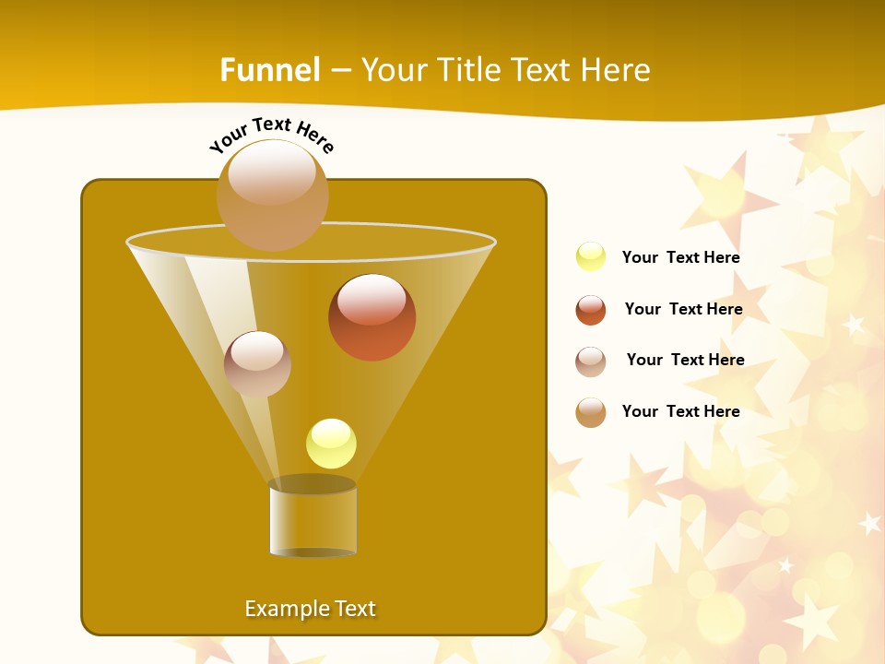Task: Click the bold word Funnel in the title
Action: pyautogui.click(x=269, y=70)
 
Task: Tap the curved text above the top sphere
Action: pyautogui.click(x=271, y=133)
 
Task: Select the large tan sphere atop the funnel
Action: pyautogui.click(x=272, y=196)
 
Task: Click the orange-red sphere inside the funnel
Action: pyautogui.click(x=372, y=318)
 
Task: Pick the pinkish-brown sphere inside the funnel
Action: pyautogui.click(x=257, y=364)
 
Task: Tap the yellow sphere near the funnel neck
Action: pyautogui.click(x=331, y=444)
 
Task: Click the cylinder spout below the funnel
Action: pyautogui.click(x=313, y=517)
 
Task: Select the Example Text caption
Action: pyautogui.click(x=311, y=609)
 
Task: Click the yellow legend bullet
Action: pyautogui.click(x=591, y=257)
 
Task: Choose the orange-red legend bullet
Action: pyautogui.click(x=591, y=310)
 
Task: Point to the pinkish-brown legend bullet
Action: pyautogui.click(x=591, y=362)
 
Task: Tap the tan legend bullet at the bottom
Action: pyautogui.click(x=591, y=412)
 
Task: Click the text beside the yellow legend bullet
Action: pyautogui.click(x=680, y=258)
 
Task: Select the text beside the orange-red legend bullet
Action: pyautogui.click(x=683, y=309)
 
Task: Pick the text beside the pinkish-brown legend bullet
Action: pyautogui.click(x=685, y=360)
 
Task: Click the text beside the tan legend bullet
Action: pyautogui.click(x=680, y=411)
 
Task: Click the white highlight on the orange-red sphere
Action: pyautogui.click(x=372, y=299)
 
